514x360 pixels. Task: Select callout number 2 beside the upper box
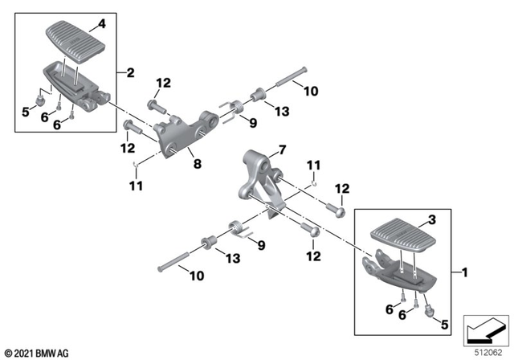[x=128, y=73]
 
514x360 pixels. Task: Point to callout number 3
[x=432, y=219]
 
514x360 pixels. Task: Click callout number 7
[x=282, y=149]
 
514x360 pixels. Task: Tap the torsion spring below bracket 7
[x=238, y=229]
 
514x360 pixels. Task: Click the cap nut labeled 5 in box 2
[x=37, y=100]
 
